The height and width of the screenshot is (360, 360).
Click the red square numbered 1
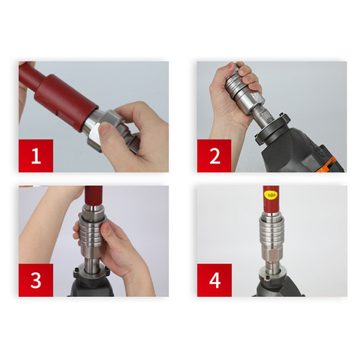pyautogui.click(x=36, y=156)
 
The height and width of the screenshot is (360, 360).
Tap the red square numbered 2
pyautogui.click(x=214, y=156)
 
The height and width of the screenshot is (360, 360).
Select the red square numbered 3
pyautogui.click(x=36, y=280)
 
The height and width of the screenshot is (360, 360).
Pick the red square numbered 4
pyautogui.click(x=214, y=280)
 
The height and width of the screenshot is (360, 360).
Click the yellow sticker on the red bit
pyautogui.click(x=271, y=195)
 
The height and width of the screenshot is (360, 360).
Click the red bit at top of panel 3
pyautogui.click(x=94, y=196)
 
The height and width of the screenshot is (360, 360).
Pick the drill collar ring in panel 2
pyautogui.click(x=272, y=127)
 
